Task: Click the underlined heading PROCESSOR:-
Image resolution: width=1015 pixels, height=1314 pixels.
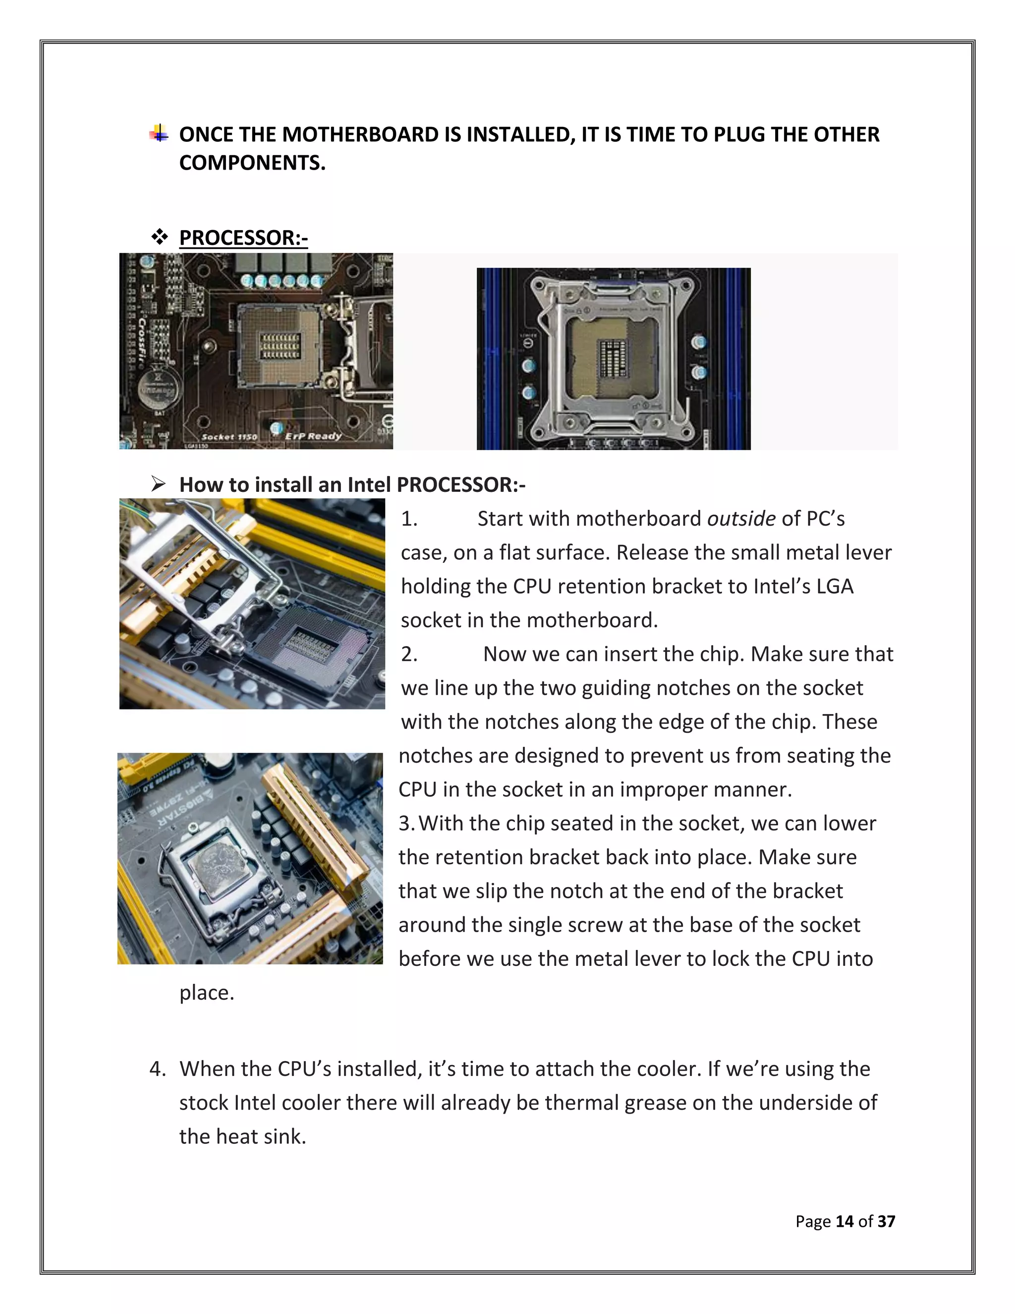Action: [x=243, y=238]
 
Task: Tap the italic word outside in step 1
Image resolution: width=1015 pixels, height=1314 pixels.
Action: [x=741, y=519]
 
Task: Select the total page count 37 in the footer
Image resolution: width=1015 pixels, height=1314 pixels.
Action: [x=886, y=1221]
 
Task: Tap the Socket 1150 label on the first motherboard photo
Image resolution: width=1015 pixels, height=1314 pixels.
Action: [x=229, y=437]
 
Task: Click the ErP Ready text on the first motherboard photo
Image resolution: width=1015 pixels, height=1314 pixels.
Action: [x=313, y=435]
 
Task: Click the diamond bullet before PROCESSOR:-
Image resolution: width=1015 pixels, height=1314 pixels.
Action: [x=160, y=237]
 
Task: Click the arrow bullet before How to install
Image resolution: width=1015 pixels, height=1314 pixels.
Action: [x=158, y=484]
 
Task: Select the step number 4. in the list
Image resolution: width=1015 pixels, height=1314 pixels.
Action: [x=158, y=1069]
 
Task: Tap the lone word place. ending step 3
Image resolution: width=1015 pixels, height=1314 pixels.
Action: [x=207, y=993]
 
